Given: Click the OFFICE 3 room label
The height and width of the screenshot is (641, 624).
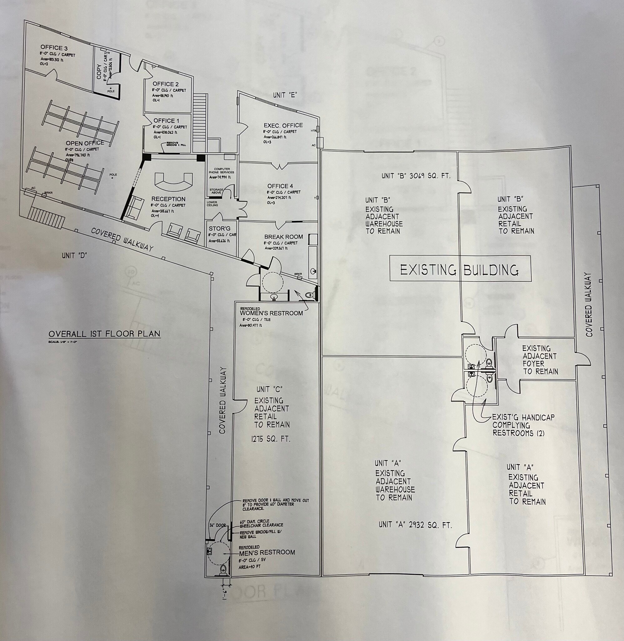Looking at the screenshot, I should (x=54, y=48).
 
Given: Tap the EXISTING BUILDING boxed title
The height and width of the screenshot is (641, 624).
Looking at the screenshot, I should (x=459, y=270).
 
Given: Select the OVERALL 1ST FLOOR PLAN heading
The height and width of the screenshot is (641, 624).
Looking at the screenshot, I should (x=104, y=334).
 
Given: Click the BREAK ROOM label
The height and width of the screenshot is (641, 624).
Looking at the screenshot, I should (x=283, y=237).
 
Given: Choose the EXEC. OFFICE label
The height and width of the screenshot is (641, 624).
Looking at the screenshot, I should (x=283, y=125).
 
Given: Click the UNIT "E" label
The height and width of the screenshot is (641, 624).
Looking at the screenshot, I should (x=285, y=95).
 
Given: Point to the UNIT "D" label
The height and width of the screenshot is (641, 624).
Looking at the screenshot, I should (x=74, y=255).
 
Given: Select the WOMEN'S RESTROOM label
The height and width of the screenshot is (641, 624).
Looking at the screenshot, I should (x=271, y=313).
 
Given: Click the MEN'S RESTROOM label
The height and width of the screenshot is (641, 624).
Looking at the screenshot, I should (x=267, y=553).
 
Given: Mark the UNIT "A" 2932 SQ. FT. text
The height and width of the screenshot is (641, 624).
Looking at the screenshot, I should (x=415, y=525).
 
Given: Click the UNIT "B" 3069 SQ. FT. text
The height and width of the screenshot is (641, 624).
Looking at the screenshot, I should (x=416, y=176).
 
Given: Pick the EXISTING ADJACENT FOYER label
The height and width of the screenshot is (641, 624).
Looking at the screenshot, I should (x=540, y=360).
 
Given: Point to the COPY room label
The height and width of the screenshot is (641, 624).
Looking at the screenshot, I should (x=99, y=71).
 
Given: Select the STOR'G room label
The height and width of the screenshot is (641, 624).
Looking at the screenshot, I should (x=220, y=228).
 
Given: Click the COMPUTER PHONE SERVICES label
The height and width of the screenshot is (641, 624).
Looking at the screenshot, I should (x=221, y=171).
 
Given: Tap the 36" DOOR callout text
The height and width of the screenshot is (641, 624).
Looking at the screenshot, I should (x=217, y=525).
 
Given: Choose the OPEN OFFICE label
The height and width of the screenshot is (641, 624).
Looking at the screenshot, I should (x=85, y=143).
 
